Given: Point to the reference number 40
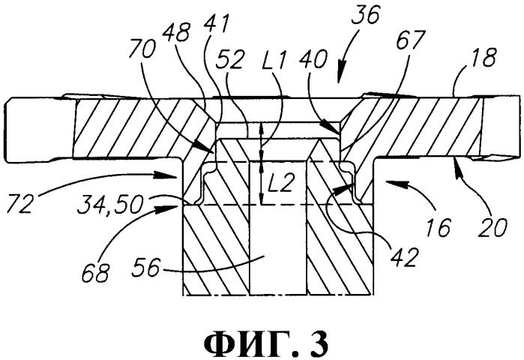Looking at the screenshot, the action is [313, 61].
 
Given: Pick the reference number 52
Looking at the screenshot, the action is [231, 60].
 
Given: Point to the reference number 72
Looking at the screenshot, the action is [20, 203].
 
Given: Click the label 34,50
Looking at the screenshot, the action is [110, 205].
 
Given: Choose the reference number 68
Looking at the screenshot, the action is [95, 273].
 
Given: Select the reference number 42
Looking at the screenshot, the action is [405, 256].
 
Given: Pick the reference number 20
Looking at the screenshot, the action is [493, 228].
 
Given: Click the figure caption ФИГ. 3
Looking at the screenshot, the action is [266, 343].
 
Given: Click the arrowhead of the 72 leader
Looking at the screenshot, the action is [172, 175].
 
